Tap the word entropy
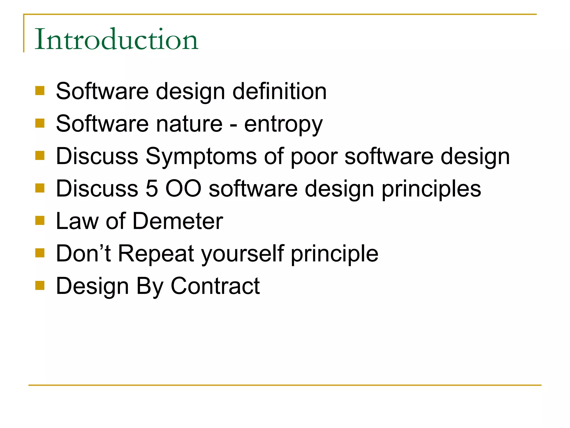283,125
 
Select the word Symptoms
201,157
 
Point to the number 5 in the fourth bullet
152,189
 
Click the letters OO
183,189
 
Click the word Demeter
178,221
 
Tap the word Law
77,221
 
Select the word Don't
83,253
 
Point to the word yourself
242,254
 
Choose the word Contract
215,286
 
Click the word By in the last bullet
149,286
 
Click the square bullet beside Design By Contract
40,285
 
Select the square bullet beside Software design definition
40,91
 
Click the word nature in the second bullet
189,124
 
